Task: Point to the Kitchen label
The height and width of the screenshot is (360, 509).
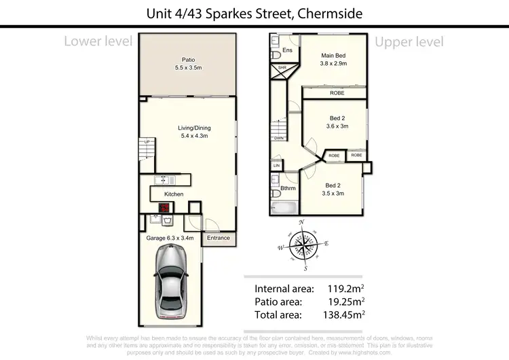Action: (174, 194)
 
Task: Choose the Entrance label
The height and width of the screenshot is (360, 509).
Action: (219, 238)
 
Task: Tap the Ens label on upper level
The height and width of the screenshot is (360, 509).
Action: (287, 50)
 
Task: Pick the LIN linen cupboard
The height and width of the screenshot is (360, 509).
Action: (276, 165)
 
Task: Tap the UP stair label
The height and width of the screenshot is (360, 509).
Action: (146, 141)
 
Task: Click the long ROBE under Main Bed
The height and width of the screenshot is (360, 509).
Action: (337, 93)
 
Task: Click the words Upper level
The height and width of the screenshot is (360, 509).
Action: (409, 42)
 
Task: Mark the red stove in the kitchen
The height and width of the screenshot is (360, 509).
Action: (164, 208)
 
